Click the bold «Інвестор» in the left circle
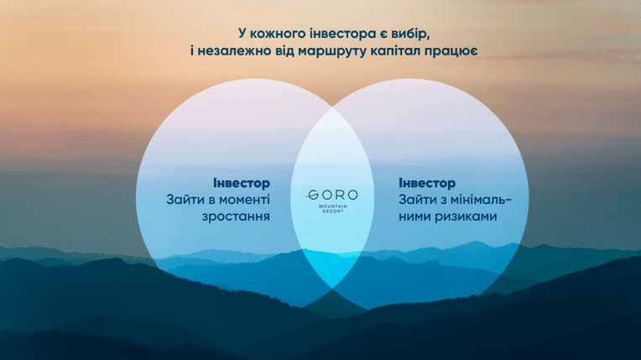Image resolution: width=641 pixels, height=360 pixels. [x=242, y=183]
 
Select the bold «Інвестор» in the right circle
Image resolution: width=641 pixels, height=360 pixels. [x=427, y=183]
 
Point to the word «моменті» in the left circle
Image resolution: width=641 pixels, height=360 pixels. [x=245, y=200]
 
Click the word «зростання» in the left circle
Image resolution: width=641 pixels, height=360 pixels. [x=236, y=217]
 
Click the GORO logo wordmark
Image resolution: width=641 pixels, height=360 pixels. [x=332, y=195]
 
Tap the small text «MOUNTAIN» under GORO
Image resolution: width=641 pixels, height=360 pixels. [x=333, y=206]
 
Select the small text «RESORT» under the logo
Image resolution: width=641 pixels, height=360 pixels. [x=333, y=211]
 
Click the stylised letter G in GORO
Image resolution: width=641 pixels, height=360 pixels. [x=312, y=196]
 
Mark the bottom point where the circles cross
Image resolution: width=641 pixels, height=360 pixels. [x=332, y=289]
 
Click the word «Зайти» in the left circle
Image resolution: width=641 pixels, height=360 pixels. [x=184, y=200]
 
